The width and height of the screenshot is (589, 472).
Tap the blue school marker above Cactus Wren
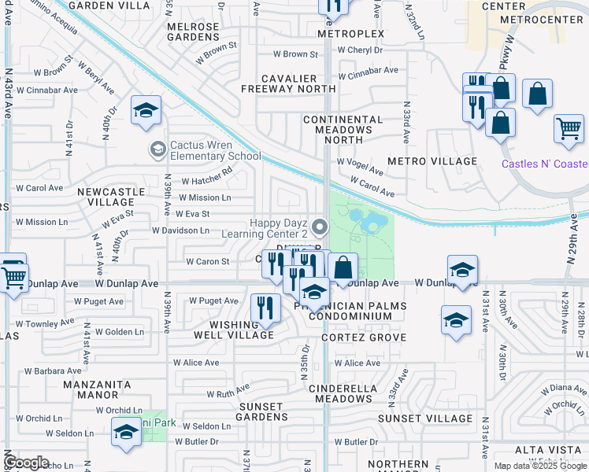pos(146,112)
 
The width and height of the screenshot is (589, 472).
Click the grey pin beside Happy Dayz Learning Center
pos(320,227)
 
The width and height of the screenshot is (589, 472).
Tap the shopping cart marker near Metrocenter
pos(569,129)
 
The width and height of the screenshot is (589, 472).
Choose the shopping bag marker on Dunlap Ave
pos(343,268)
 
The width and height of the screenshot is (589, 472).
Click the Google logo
pos(27,463)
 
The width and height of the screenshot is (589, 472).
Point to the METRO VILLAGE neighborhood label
pos(443,161)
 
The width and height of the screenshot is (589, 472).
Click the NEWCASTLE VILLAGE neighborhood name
pos(110,197)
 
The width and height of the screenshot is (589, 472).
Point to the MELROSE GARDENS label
pos(192,32)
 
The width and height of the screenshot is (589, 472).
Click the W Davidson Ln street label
pos(180,230)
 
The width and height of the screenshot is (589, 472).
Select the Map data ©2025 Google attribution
pos(540,466)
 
